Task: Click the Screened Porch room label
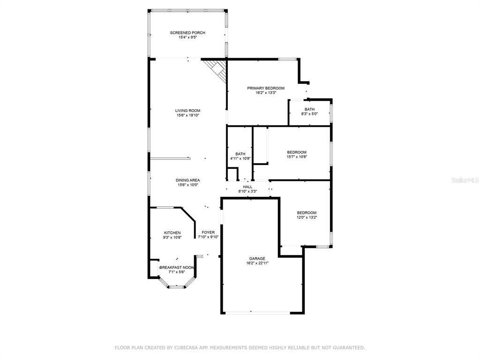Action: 187,33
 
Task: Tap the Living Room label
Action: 187,111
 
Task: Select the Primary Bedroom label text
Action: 266,88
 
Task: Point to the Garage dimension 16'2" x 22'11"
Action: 257,263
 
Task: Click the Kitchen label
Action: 172,233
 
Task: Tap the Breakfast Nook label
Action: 177,268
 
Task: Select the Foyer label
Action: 208,232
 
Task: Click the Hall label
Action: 247,187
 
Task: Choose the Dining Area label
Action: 187,180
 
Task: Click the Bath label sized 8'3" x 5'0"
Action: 309,109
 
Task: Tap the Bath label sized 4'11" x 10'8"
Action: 240,154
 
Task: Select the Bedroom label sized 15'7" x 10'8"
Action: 297,152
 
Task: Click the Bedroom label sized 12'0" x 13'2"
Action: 307,213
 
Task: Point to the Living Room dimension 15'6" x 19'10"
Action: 187,115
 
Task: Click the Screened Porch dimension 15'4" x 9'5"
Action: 187,37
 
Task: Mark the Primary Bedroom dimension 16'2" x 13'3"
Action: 266,93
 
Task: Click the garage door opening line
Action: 258,313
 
